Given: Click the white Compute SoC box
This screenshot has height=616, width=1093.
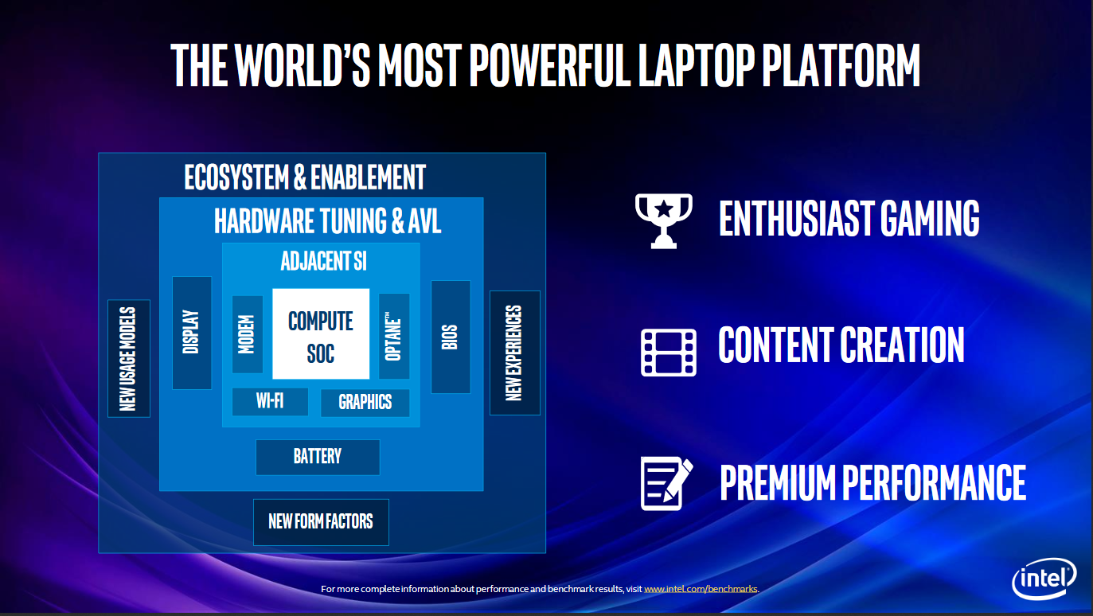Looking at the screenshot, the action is point(321,333).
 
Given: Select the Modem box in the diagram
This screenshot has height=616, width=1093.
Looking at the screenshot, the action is point(247,334).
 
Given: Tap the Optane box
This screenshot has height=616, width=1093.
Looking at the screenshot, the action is point(394,336).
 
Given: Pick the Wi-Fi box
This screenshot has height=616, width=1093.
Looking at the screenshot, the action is point(270,401).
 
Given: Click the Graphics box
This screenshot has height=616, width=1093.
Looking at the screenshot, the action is point(365,403).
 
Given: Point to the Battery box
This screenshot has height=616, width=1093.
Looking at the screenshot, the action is point(318,457).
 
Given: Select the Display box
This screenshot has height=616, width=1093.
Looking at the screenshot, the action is point(192,333).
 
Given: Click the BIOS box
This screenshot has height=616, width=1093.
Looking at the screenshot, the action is point(451,337).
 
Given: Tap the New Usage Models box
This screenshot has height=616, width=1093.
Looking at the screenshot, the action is point(129,358).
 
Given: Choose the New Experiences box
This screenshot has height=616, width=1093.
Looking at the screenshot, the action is point(515,353).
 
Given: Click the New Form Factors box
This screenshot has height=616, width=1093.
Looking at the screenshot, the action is point(321,522).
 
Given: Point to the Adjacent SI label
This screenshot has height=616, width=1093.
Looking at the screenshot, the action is point(323,261).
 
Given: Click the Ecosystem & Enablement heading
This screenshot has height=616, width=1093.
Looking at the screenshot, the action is point(305,177).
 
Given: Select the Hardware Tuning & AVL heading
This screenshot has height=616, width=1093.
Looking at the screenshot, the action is point(327,220).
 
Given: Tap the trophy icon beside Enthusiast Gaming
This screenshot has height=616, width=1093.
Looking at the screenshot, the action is point(664,221).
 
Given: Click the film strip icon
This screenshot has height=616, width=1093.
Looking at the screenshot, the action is point(669,352).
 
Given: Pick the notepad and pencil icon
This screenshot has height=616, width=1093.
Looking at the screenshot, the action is point(666,483).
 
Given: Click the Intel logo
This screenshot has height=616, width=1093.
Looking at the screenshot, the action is point(1044,579).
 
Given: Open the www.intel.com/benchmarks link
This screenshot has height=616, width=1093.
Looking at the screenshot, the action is point(701,589).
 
